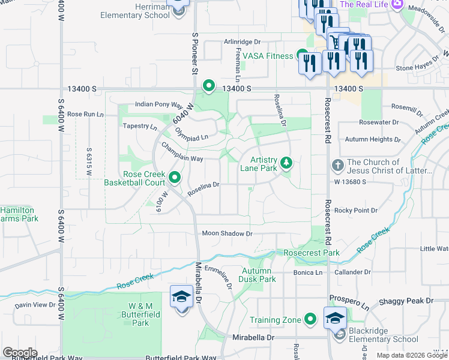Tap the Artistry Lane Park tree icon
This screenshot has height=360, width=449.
287,163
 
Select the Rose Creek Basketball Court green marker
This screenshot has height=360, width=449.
175,177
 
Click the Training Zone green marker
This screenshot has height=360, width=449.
310,320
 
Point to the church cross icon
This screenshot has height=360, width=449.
337,165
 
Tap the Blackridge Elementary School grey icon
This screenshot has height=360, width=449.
340,334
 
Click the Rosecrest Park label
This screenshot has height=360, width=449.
312,253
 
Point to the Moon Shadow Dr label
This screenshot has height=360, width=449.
228,233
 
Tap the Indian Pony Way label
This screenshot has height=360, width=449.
158,104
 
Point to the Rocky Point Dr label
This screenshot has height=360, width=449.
356,211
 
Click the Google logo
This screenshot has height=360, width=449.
20,353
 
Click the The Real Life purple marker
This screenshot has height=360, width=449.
397,5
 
